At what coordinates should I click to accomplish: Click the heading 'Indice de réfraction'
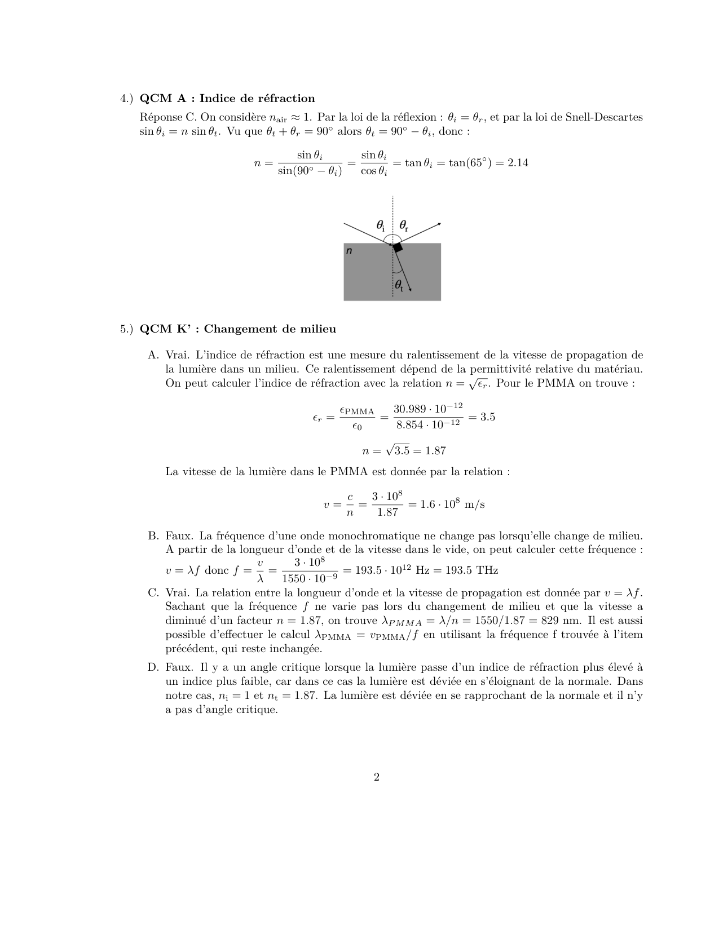[257, 99]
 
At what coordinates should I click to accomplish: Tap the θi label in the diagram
[381, 225]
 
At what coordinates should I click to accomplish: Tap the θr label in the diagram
[404, 225]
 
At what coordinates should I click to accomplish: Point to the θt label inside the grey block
[399, 286]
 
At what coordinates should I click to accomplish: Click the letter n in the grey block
[349, 251]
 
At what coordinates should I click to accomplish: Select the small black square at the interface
[398, 247]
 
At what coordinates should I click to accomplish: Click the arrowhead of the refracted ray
[410, 290]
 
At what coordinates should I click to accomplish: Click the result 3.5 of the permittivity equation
[487, 417]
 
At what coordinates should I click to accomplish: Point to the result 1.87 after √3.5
[435, 451]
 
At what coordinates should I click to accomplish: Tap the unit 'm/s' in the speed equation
[474, 504]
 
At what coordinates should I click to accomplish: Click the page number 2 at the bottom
[376, 777]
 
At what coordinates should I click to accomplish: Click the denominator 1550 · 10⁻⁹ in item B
[310, 579]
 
